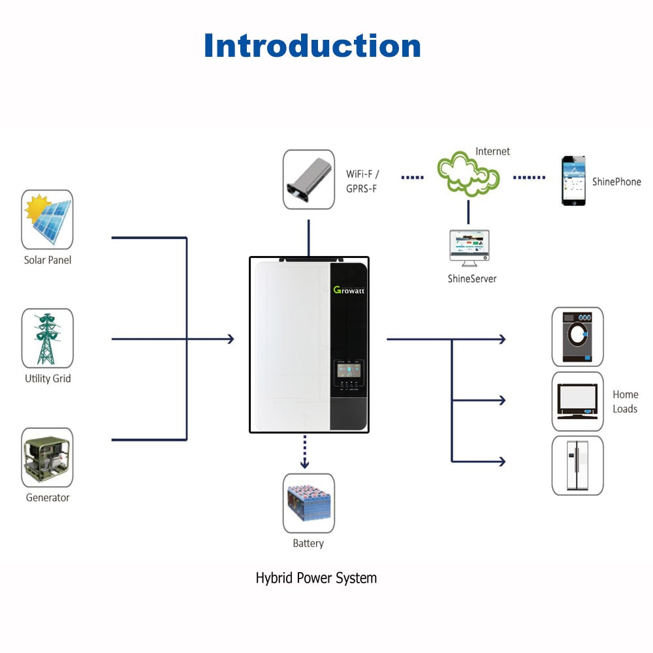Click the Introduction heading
[312, 46]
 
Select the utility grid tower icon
[47, 338]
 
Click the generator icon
[47, 457]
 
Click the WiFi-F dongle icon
[308, 180]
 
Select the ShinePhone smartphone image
[573, 181]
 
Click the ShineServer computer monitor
[468, 247]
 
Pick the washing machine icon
[577, 336]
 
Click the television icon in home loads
[577, 401]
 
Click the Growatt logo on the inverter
[349, 289]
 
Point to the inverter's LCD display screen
[347, 372]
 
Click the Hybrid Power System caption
[316, 578]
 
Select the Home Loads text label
[625, 402]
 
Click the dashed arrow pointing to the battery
[304, 451]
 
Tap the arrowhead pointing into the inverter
[230, 339]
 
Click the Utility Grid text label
[48, 379]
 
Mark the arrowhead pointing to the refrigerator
[502, 462]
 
